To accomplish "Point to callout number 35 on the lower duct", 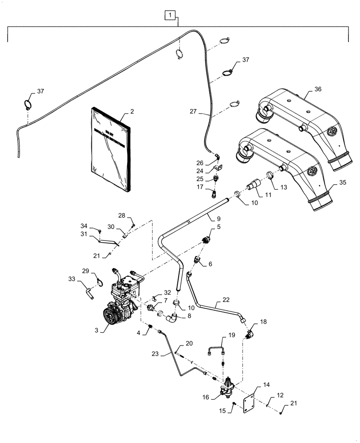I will [x=341, y=181].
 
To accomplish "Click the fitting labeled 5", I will [x=206, y=240].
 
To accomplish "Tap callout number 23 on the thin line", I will [x=167, y=354].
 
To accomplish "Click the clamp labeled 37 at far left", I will [x=28, y=105].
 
